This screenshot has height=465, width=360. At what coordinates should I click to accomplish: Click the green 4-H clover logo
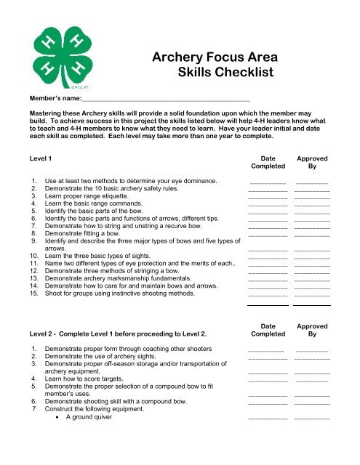point(63,59)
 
